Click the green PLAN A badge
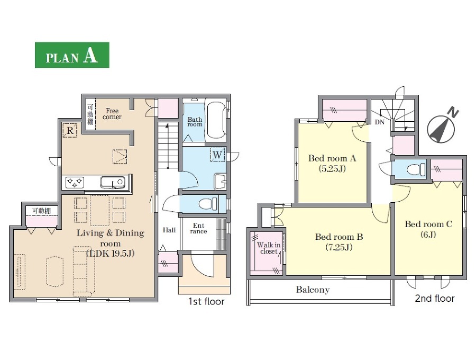[72, 55]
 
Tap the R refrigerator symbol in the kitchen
[70, 131]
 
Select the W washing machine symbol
[218, 155]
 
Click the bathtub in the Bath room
[216, 120]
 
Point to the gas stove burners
[75, 182]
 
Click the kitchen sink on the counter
[113, 183]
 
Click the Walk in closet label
[269, 248]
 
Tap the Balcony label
[313, 290]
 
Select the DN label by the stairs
[379, 122]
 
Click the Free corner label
[112, 114]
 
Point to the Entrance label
[198, 228]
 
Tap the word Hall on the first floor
[169, 230]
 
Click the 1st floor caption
[206, 301]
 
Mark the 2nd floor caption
[434, 299]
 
